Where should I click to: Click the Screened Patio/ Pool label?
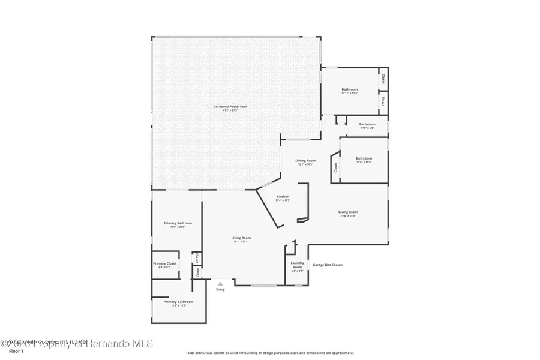pos(231,106)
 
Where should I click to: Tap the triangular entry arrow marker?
pos(220,284)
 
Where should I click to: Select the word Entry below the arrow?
pos(220,290)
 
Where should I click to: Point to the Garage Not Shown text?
pos(328,265)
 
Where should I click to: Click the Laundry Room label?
pos(298,265)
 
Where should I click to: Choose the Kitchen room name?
pos(283,197)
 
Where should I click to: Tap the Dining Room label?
pos(305,160)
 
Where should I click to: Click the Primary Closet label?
pos(164,263)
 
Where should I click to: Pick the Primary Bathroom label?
pos(178,302)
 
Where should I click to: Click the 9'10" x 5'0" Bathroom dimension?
pos(367,128)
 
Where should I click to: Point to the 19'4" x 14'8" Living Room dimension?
pos(348,215)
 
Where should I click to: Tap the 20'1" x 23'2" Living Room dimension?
pos(241,242)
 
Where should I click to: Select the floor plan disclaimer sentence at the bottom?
pos(270,353)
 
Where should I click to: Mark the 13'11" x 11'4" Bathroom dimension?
pos(350,93)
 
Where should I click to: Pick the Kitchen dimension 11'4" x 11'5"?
pos(283,200)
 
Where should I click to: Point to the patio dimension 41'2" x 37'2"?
pos(231,110)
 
